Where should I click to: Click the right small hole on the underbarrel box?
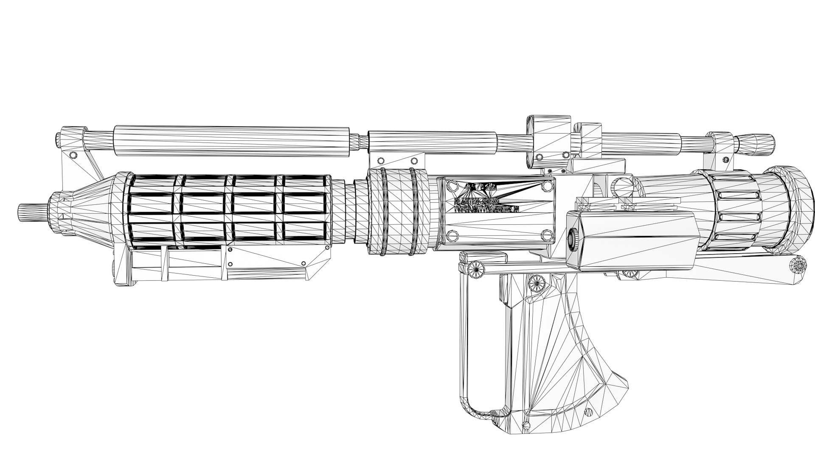[x=303, y=264]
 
